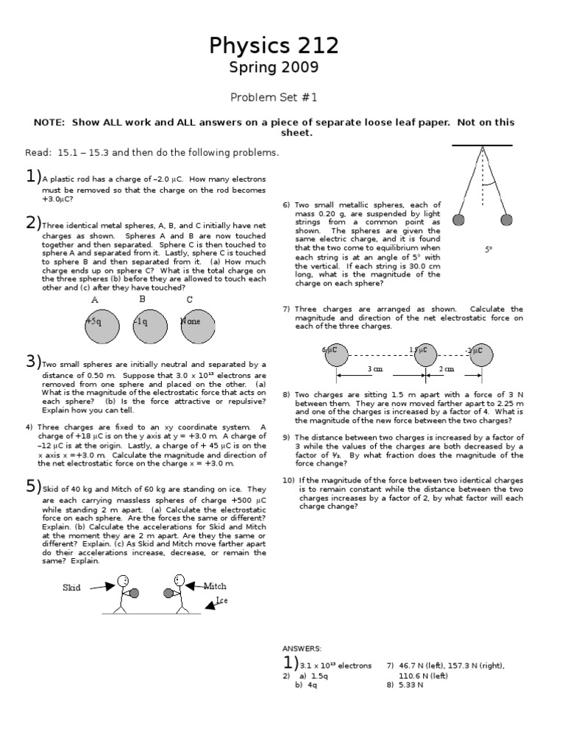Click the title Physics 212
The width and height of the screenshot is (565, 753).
[274, 46]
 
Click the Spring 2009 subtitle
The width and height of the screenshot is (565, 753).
[274, 68]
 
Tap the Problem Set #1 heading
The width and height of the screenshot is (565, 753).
[274, 96]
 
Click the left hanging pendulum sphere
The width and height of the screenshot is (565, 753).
[458, 220]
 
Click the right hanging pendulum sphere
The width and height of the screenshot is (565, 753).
[506, 220]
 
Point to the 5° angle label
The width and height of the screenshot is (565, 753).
[488, 250]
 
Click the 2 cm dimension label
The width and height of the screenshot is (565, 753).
[447, 369]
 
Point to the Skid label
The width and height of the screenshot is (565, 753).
[71, 588]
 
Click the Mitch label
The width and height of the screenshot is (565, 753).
[215, 586]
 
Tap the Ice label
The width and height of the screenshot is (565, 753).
[221, 601]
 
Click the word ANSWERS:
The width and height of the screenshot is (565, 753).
[302, 648]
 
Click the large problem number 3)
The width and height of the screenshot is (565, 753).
[32, 361]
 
